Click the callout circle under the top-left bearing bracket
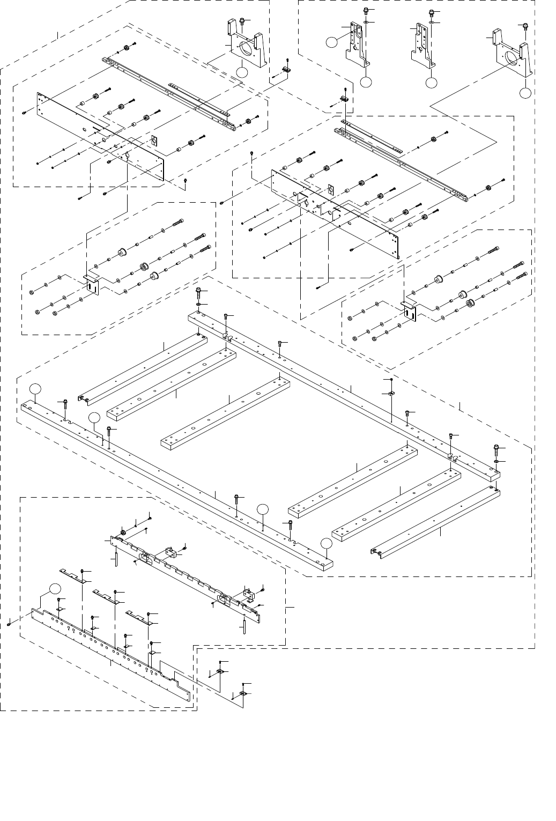[242, 72]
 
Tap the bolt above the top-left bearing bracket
[242, 21]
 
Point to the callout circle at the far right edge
[526, 93]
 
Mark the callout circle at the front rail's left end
[35, 388]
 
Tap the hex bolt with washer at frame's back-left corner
[199, 293]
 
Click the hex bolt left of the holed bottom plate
[10, 624]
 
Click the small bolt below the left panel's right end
[185, 181]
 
